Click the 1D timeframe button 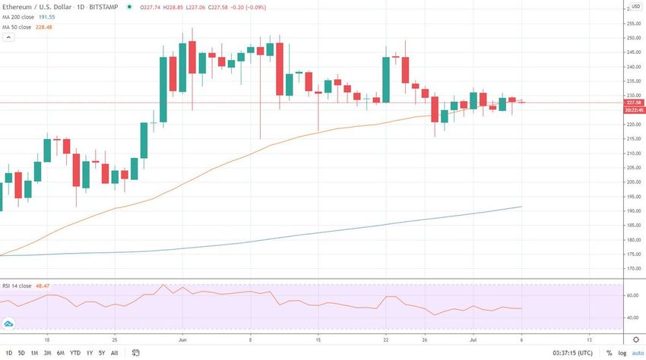tap(9, 353)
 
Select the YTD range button tap(74, 353)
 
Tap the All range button tap(114, 353)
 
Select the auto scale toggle tap(636, 353)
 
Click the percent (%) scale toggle tap(608, 353)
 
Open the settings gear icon tap(636, 339)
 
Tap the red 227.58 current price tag tap(634, 102)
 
